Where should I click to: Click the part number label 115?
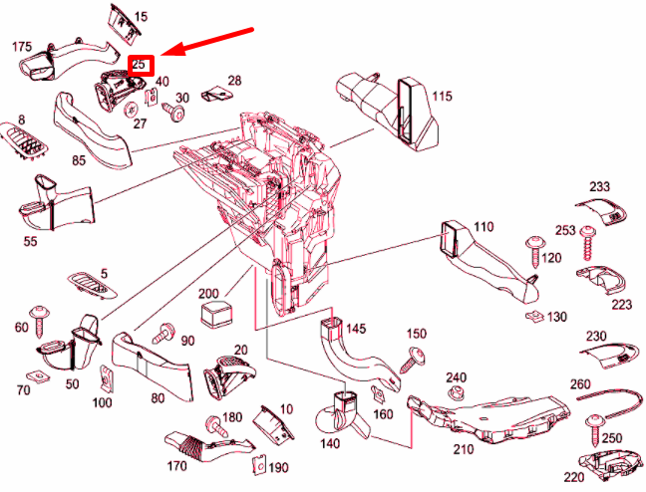click(442, 97)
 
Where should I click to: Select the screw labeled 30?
click(173, 111)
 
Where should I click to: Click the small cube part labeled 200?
click(216, 314)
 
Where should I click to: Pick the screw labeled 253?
click(587, 243)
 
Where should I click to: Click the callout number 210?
click(464, 449)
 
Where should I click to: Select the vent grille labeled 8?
click(25, 141)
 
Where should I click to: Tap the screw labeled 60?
click(40, 322)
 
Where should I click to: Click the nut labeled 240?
click(456, 392)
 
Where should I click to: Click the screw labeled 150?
click(413, 361)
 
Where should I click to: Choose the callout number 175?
click(22, 47)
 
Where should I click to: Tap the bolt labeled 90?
click(163, 334)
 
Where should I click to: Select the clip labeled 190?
click(259, 466)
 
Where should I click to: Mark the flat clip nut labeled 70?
click(38, 376)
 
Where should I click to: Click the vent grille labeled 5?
click(93, 285)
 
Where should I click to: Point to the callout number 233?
click(599, 186)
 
